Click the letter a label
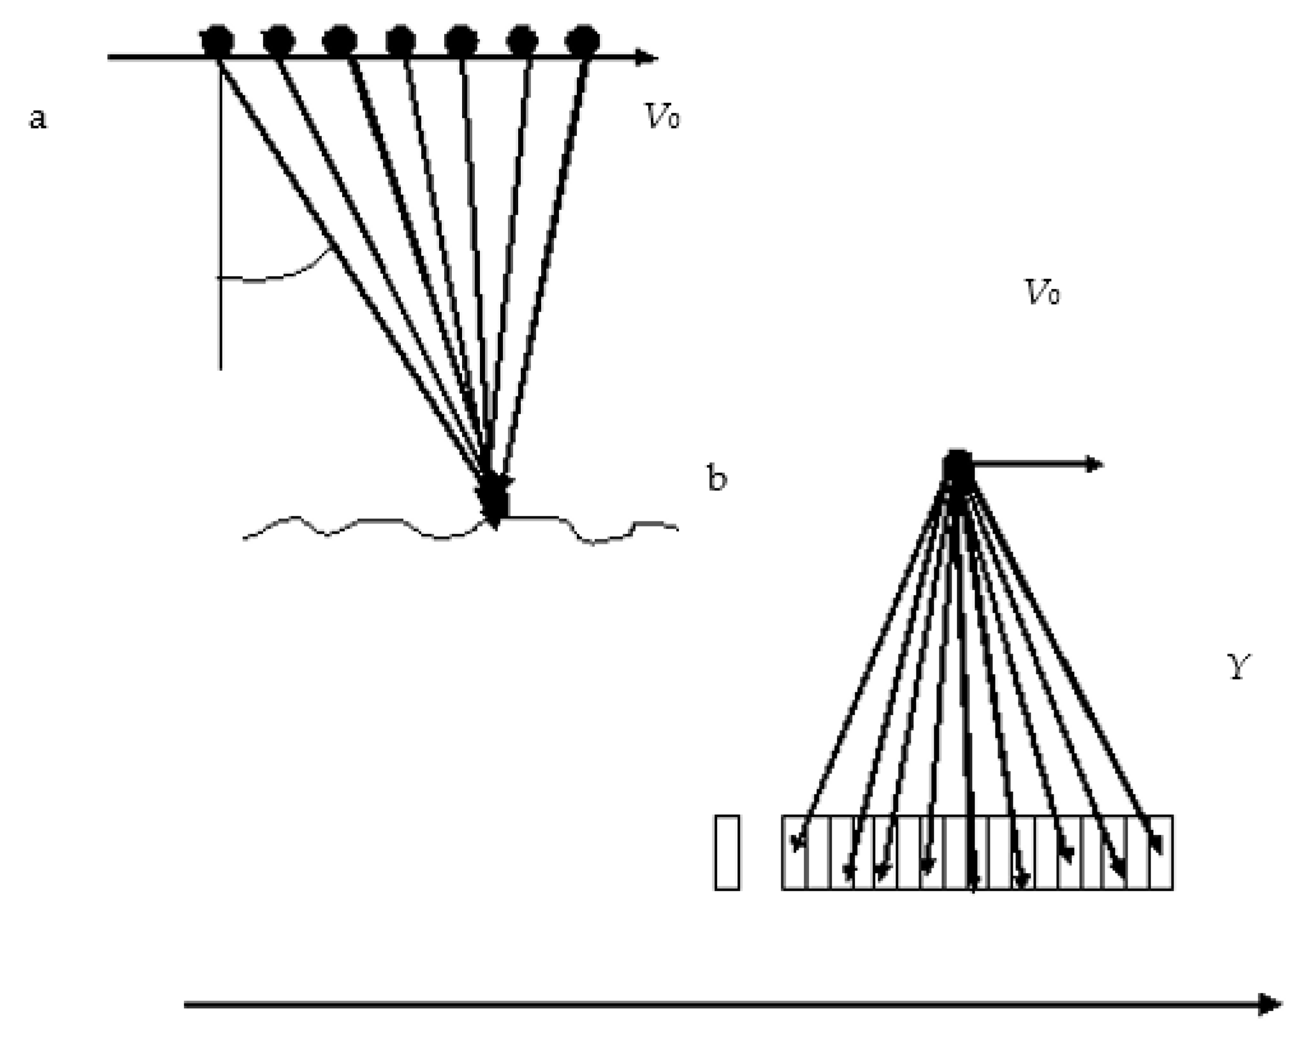tap(37, 119)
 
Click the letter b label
tap(717, 479)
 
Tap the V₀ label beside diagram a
tap(662, 116)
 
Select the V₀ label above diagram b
tap(1042, 293)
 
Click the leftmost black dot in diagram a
tap(217, 40)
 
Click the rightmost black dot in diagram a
tap(582, 40)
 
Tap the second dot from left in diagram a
tap(278, 40)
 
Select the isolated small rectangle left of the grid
tap(727, 852)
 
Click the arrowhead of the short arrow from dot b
tap(1095, 464)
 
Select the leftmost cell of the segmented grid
tap(794, 852)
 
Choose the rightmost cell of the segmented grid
tap(1161, 852)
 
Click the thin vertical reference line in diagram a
tap(220, 241)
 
